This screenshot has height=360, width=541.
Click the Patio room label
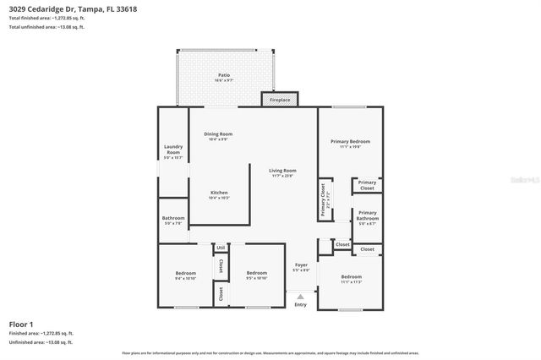point(223,75)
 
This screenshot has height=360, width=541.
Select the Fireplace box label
point(280,101)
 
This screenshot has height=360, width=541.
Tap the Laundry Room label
point(172,150)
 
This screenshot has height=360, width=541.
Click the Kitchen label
point(220,192)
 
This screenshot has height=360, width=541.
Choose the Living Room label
point(282,171)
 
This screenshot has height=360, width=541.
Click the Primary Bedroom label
point(350,141)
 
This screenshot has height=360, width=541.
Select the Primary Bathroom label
point(367,215)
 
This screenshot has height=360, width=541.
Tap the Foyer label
point(301,265)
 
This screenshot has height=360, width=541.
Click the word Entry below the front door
point(300,304)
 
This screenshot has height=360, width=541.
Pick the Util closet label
point(220,248)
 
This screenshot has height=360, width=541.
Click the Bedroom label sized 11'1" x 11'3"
point(351,276)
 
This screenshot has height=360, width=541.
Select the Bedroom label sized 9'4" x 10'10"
point(186,273)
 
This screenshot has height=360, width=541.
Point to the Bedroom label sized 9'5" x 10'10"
point(257,273)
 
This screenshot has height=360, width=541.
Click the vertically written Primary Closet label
point(322,199)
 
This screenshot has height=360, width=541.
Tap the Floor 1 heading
point(21,324)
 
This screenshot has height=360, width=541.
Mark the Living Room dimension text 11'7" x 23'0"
point(282,177)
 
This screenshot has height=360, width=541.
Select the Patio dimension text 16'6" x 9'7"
point(223,81)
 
